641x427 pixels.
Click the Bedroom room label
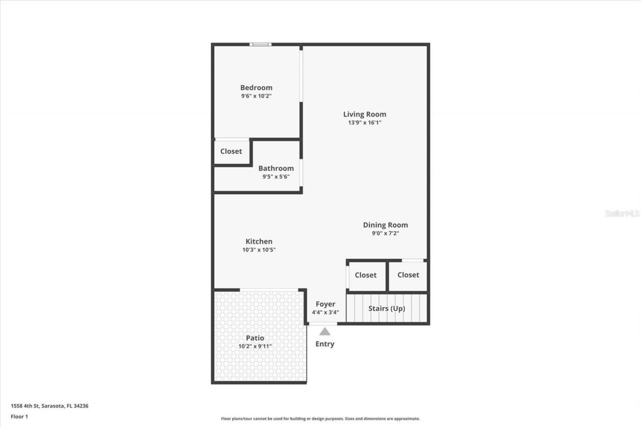click(x=256, y=88)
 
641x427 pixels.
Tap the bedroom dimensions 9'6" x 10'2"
click(x=256, y=96)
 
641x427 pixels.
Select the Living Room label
click(x=365, y=114)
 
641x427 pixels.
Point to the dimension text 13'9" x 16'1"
click(x=365, y=122)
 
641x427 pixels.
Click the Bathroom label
click(x=276, y=168)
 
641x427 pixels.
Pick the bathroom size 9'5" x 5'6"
click(x=276, y=176)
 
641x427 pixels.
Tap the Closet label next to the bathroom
click(x=231, y=151)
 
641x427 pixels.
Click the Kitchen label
click(x=259, y=241)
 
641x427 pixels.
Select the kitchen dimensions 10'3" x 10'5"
click(x=259, y=250)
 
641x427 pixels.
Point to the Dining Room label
click(x=385, y=225)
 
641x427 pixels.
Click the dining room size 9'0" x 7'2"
click(x=385, y=233)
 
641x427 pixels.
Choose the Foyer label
click(x=325, y=304)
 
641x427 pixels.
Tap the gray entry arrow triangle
click(x=325, y=331)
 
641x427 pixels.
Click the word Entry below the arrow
click(x=325, y=344)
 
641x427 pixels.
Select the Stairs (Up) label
click(x=387, y=308)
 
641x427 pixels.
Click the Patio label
click(x=255, y=338)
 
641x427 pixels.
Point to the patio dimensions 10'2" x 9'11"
click(x=255, y=346)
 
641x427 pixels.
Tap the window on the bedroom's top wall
click(x=260, y=45)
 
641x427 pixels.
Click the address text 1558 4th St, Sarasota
click(x=50, y=406)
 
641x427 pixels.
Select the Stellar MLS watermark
click(x=622, y=213)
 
